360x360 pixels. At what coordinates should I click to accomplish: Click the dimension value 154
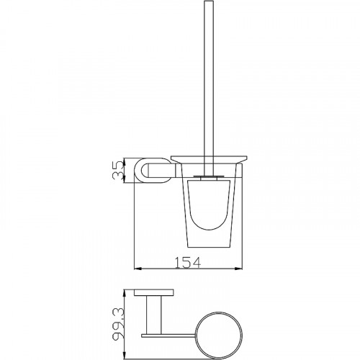[x=187, y=262]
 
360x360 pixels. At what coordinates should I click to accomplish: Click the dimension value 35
[x=118, y=171]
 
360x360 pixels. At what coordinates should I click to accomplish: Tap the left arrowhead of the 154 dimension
[x=138, y=269]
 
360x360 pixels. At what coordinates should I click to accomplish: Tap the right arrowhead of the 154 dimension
[x=239, y=269]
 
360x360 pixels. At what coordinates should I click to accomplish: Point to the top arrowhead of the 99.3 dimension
[x=124, y=293]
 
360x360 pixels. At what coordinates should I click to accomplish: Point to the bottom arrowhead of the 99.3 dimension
[x=124, y=356]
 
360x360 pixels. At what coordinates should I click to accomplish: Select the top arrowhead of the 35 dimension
[x=124, y=161]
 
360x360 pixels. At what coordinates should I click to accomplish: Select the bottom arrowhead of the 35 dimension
[x=124, y=179]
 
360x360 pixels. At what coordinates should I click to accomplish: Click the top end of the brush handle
[x=209, y=1]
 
